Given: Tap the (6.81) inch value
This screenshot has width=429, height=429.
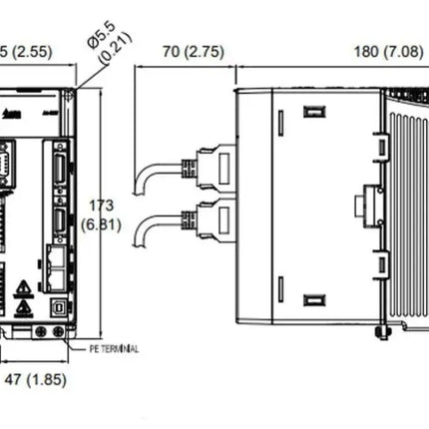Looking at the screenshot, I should pos(102,224).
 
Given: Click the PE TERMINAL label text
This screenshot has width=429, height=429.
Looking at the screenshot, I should pos(115,349).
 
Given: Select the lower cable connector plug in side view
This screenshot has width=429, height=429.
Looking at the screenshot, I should pos(214,216).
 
